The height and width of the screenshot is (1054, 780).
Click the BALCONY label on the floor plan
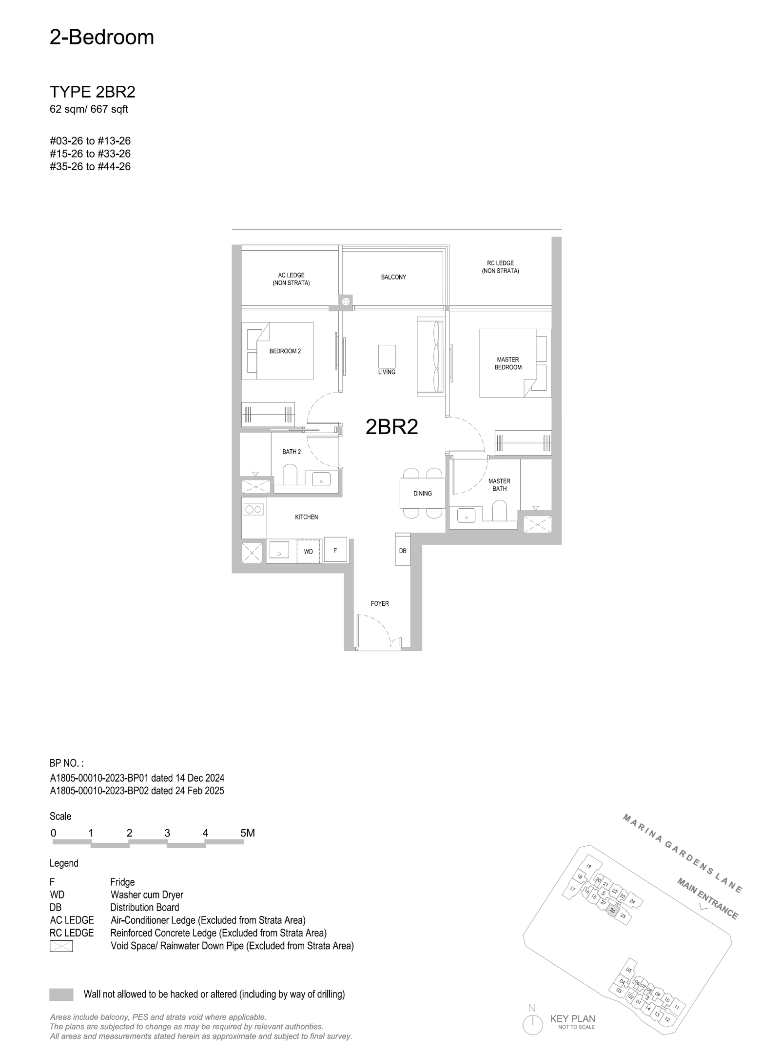point(393,277)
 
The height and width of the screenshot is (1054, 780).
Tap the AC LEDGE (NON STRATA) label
point(291,279)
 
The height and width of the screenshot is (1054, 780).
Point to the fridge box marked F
point(335,550)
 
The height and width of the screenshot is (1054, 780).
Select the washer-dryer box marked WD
point(309,551)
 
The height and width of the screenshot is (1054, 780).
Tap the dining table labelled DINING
point(423,493)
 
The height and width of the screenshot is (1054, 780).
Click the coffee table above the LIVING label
point(387,357)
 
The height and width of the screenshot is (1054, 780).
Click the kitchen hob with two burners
point(254,510)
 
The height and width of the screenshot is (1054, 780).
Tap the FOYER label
point(380,603)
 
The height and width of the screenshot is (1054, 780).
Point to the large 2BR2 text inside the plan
point(392,427)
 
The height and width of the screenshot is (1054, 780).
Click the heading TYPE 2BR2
point(93,92)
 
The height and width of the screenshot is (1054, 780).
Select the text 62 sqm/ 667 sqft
point(89,109)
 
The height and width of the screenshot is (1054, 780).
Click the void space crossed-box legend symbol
point(61,946)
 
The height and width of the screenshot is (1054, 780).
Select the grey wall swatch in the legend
point(61,994)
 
